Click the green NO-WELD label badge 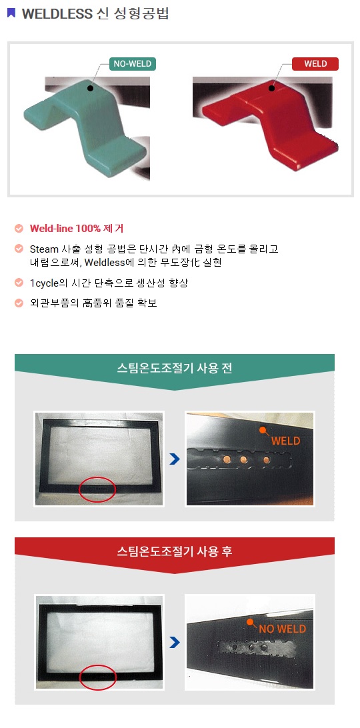(x=133, y=64)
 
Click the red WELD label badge (x=315, y=64)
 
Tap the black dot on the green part (x=90, y=88)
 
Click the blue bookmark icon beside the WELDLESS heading (x=11, y=13)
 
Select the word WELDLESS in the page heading (x=57, y=14)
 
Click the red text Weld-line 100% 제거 (x=77, y=229)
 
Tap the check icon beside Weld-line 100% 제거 (x=19, y=229)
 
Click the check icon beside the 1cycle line (x=19, y=282)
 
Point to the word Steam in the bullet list (x=44, y=249)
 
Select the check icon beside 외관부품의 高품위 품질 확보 (x=19, y=303)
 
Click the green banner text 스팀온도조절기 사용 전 (x=174, y=369)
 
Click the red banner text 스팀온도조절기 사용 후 (x=174, y=551)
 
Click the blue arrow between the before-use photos (x=174, y=459)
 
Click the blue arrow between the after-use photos (x=174, y=643)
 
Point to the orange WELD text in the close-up (x=286, y=441)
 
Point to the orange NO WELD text (x=283, y=629)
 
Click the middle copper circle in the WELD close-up (x=243, y=460)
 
